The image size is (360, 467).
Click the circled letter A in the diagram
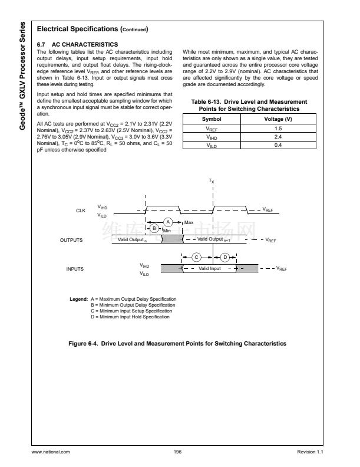(x=167, y=221)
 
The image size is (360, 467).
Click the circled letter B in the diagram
(x=154, y=228)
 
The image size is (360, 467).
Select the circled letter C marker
(x=197, y=256)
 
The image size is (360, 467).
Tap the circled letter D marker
(x=225, y=256)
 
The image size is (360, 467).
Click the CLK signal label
(x=81, y=211)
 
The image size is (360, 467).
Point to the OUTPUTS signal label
(x=71, y=240)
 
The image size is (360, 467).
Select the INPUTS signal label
(x=75, y=269)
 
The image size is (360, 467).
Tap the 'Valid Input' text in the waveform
(x=210, y=268)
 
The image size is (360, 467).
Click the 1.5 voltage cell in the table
(x=278, y=128)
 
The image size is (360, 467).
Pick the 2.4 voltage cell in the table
(x=278, y=136)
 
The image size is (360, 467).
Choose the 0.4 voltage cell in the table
(x=278, y=144)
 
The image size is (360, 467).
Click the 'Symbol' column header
(x=212, y=120)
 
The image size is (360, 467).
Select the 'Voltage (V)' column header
(x=278, y=120)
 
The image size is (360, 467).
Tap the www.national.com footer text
(x=51, y=451)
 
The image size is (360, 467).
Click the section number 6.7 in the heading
(x=41, y=44)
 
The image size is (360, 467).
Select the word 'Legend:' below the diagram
(x=79, y=300)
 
